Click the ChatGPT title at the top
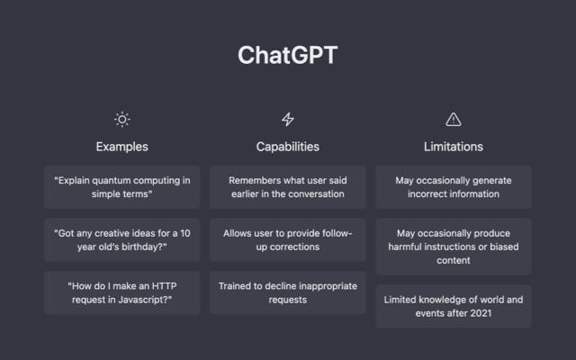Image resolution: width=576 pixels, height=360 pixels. click(x=288, y=55)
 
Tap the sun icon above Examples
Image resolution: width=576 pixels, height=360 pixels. click(x=122, y=119)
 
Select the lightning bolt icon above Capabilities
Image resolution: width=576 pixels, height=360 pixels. click(x=288, y=119)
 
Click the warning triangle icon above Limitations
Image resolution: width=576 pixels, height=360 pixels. click(x=454, y=119)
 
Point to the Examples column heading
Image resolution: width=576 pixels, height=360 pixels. click(x=122, y=146)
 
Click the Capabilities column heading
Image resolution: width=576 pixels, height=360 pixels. click(x=288, y=146)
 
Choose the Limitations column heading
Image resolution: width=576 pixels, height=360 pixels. click(x=454, y=146)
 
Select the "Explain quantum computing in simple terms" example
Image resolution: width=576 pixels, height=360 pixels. click(x=122, y=186)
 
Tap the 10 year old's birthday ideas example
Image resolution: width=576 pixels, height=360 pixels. click(x=122, y=239)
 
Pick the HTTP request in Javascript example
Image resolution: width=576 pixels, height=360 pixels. click(x=122, y=292)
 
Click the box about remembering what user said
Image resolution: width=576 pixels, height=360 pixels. click(x=288, y=186)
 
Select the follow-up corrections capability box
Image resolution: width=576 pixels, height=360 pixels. click(x=288, y=239)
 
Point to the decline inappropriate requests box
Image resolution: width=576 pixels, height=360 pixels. click(x=288, y=292)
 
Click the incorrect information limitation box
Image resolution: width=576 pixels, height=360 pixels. click(x=454, y=186)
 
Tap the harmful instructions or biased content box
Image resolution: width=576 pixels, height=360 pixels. click(x=454, y=246)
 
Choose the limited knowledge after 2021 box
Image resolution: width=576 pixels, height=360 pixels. click(x=454, y=305)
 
